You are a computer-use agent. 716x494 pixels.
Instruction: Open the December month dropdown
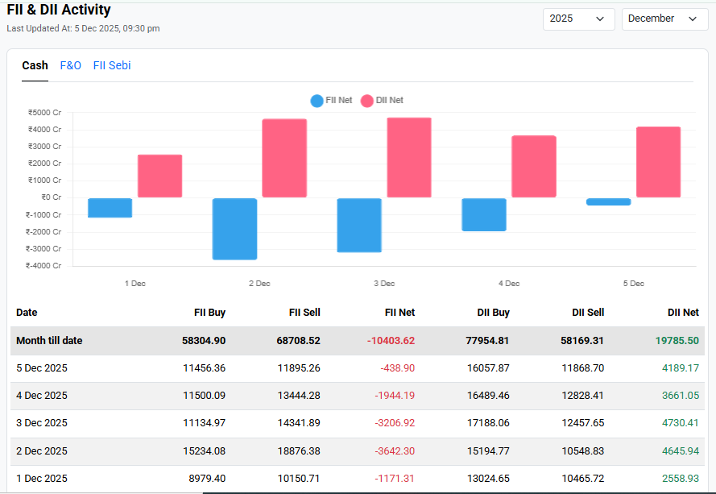tap(664, 19)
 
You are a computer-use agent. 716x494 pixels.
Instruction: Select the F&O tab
tap(71, 65)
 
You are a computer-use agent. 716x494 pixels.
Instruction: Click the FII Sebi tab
tap(112, 65)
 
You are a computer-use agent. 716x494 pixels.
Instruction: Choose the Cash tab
tap(35, 65)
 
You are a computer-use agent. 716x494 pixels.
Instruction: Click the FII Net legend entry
tap(331, 101)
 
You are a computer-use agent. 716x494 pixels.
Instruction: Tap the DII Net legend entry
tap(382, 101)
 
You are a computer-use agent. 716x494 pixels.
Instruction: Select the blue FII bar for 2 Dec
tap(234, 229)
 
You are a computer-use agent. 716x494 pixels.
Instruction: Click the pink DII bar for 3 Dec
tap(409, 158)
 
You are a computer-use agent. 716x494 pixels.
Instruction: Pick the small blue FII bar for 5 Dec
tap(609, 201)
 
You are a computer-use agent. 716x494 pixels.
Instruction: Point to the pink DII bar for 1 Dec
tap(159, 176)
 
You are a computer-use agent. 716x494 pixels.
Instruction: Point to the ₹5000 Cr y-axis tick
tap(44, 113)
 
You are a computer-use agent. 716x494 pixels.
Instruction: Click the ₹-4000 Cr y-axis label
tap(43, 265)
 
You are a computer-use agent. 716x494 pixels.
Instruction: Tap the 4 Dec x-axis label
tap(509, 284)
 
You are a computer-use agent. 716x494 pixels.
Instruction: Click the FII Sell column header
tap(304, 313)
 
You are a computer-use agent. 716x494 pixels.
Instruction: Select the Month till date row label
tap(49, 341)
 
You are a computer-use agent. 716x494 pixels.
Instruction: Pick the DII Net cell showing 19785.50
tap(676, 341)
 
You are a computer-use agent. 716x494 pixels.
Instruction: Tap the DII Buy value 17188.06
tap(487, 423)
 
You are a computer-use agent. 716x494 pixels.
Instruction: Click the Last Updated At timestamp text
tap(83, 29)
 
